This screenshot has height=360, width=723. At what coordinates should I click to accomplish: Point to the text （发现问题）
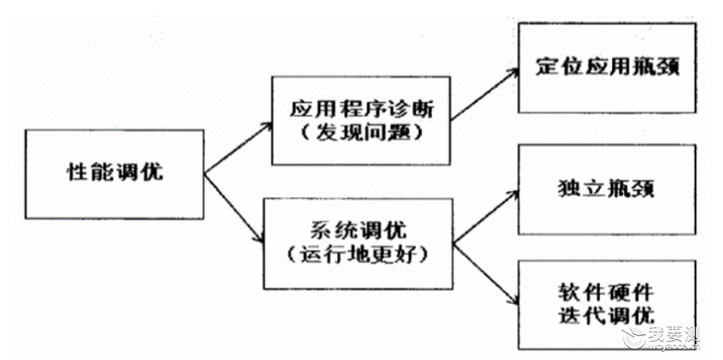click(361, 134)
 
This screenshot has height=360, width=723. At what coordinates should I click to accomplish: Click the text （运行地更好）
click(357, 256)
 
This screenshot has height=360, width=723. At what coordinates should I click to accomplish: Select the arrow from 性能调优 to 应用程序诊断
click(238, 148)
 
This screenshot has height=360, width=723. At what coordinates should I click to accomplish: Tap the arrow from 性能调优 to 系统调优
click(233, 208)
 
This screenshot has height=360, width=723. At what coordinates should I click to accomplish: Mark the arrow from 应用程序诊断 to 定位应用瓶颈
click(484, 95)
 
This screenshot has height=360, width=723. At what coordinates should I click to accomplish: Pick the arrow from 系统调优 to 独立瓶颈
click(486, 217)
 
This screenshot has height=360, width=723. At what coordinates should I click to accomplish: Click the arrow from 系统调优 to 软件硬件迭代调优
click(486, 274)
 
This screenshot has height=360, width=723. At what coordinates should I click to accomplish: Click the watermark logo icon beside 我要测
click(634, 338)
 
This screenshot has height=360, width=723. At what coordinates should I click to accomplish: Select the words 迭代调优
click(606, 315)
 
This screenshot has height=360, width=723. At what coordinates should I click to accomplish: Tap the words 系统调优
click(357, 232)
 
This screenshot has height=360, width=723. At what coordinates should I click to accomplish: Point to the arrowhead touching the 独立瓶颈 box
click(514, 193)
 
